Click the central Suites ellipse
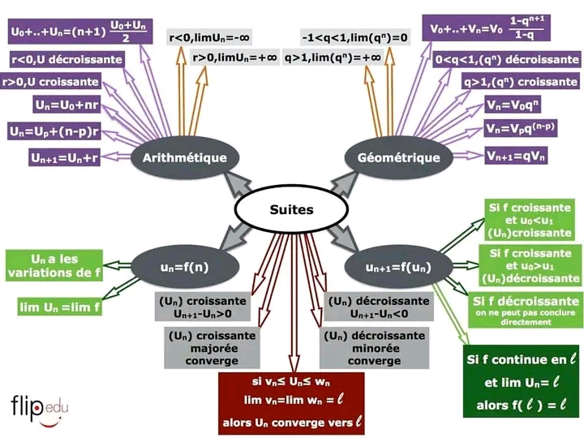pyautogui.click(x=291, y=209)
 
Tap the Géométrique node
pyautogui.click(x=398, y=157)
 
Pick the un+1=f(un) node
pyautogui.click(x=397, y=267)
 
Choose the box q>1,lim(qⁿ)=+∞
pyautogui.click(x=344, y=58)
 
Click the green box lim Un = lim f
pyautogui.click(x=59, y=306)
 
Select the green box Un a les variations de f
pyautogui.click(x=54, y=265)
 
